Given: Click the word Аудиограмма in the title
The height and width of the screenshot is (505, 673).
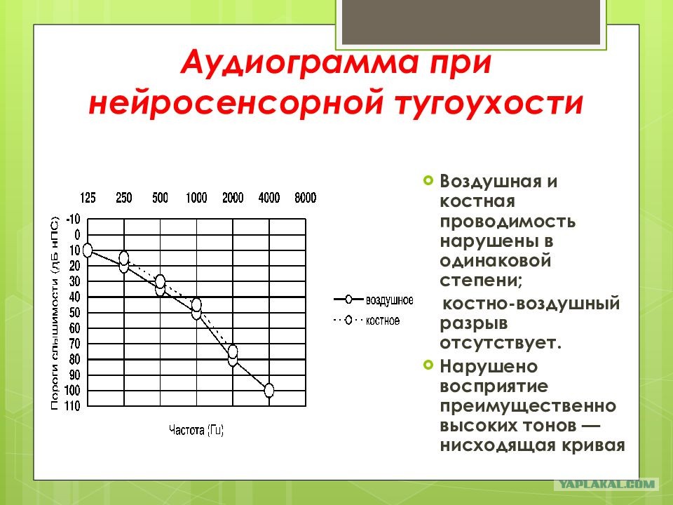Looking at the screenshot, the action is tap(299, 63).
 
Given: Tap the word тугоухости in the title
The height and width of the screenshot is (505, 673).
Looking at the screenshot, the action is tap(489, 104).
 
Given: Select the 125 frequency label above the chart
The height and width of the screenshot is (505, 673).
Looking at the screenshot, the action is tap(88, 198).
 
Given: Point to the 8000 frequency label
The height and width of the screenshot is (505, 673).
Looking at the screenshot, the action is tap(305, 198).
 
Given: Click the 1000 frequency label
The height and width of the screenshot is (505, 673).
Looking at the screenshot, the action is tap(196, 198).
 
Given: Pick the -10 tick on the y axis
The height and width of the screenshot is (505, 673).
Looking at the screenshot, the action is tap(73, 219).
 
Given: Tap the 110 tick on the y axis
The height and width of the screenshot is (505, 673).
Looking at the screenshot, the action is tap(73, 406).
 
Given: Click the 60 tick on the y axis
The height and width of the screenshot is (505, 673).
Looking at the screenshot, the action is tap(75, 328).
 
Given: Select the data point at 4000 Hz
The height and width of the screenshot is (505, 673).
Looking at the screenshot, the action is tap(269, 391).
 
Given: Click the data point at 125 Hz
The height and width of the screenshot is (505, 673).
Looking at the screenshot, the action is tap(88, 250).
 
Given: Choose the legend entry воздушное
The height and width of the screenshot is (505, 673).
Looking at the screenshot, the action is tap(374, 299).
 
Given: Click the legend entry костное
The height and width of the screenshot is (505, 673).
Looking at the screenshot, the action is tap(367, 321).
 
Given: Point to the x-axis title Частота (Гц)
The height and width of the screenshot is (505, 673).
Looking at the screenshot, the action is tap(196, 430).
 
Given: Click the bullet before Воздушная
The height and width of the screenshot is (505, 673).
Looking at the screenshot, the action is tap(428, 180).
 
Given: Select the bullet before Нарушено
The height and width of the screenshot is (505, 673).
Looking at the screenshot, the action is tap(428, 365).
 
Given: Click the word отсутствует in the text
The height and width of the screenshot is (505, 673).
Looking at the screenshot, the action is tap(501, 343).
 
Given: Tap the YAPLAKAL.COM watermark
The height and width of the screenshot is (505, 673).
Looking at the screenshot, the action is tap(606, 485).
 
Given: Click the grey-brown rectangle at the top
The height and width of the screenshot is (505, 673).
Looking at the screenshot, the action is tap(471, 22).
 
